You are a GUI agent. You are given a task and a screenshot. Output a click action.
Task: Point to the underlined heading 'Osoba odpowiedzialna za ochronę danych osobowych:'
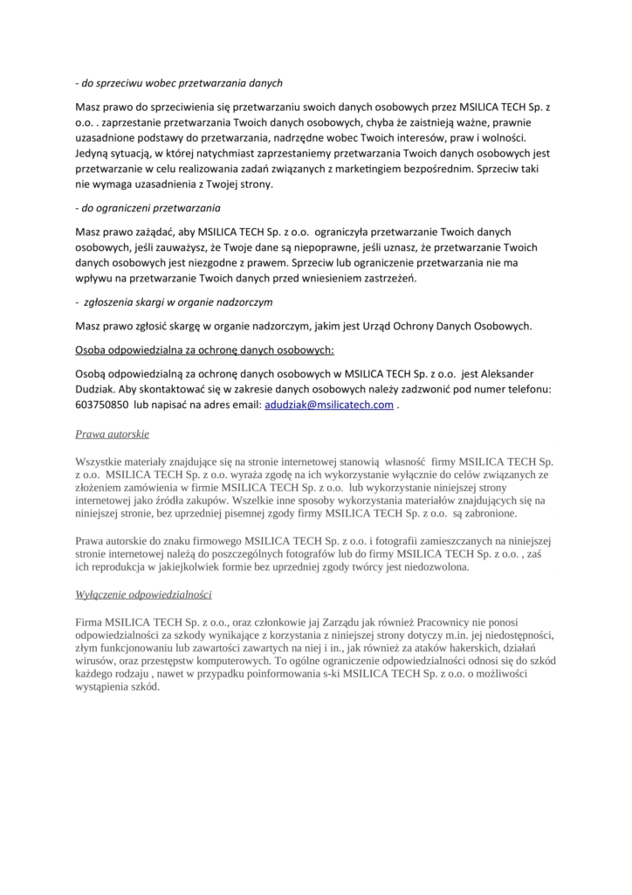(204, 350)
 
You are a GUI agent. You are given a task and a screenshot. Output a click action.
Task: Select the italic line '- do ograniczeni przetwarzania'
(148, 209)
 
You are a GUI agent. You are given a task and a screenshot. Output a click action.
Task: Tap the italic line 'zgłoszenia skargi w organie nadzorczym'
(179, 302)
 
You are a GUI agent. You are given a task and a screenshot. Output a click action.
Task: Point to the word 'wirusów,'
(98, 662)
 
